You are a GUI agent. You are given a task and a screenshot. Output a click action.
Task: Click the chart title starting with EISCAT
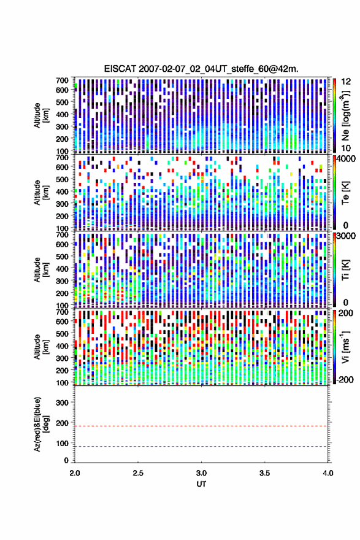coord(201,69)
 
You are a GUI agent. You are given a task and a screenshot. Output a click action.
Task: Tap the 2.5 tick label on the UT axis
coord(138,473)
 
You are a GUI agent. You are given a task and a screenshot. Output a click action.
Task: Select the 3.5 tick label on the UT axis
coord(265,473)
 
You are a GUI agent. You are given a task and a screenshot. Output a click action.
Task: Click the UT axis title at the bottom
coord(201,484)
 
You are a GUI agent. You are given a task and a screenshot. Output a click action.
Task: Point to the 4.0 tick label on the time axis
coord(328,473)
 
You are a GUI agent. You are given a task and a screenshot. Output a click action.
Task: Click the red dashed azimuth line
coord(201,426)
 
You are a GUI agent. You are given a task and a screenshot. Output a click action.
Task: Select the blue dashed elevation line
coord(201,446)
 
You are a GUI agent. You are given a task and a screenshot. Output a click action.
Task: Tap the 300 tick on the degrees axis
coord(62,403)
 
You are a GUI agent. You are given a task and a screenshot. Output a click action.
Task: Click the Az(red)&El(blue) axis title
coord(40,424)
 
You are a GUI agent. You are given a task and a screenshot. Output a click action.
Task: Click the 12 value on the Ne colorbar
coord(347,82)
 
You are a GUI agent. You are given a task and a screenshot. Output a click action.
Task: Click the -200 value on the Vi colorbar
coord(345,379)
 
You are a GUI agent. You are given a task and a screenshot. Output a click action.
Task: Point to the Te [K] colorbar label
coord(345,193)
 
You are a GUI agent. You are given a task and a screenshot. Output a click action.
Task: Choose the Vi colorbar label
coord(345,347)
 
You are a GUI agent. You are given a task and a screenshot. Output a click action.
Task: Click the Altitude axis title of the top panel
coord(40,115)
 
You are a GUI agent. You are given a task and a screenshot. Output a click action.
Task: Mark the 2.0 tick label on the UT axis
coord(75,473)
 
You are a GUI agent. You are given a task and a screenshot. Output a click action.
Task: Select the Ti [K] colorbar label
coord(345,270)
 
